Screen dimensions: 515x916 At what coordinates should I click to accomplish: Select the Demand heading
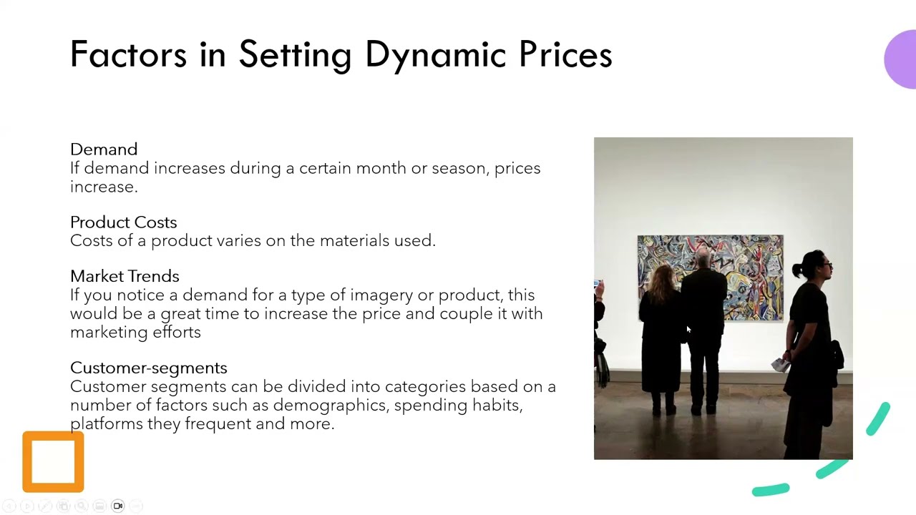(104, 149)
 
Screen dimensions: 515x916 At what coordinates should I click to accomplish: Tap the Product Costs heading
(123, 222)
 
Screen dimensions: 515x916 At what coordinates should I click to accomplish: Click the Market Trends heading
(125, 276)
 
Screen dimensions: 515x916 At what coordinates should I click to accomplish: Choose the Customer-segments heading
(148, 368)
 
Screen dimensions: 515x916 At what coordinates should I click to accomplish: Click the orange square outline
(53, 462)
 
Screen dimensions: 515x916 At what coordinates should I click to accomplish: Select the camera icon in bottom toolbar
(118, 506)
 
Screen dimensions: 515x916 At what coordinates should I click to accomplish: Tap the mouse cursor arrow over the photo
(688, 330)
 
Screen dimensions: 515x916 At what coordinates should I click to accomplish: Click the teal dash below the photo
(770, 490)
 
